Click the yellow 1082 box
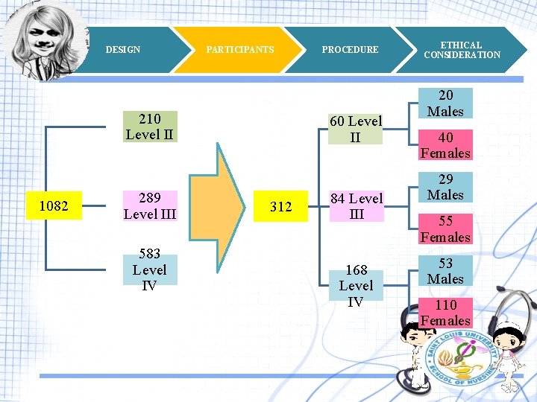coord(54,205)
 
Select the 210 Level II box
coord(150,127)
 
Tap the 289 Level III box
coord(150,206)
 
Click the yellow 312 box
coord(280,206)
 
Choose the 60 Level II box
coord(356,129)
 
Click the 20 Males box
coord(445,103)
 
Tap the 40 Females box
coord(445,145)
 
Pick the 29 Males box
coord(445,187)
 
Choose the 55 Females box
coord(445,229)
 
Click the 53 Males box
coord(445,271)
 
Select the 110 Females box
coord(445,313)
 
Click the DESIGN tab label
coord(123,50)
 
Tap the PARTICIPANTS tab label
coord(240,50)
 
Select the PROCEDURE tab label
coord(350,50)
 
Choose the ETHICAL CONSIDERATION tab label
coord(462,50)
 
